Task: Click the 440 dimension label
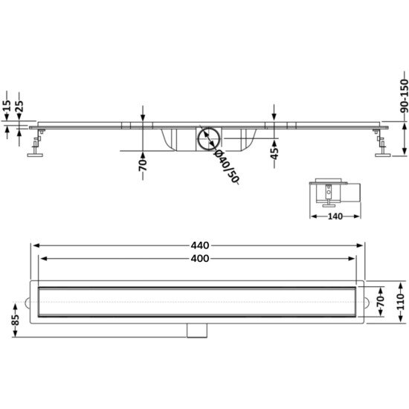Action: pyautogui.click(x=200, y=245)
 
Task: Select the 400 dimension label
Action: pyautogui.click(x=200, y=259)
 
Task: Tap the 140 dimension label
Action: pyautogui.click(x=335, y=216)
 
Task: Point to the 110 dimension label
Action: pyautogui.click(x=399, y=303)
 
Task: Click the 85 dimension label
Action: pyautogui.click(x=16, y=320)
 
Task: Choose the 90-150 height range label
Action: pyautogui.click(x=404, y=96)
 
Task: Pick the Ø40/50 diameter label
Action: pyautogui.click(x=226, y=167)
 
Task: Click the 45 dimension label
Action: pyautogui.click(x=274, y=154)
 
